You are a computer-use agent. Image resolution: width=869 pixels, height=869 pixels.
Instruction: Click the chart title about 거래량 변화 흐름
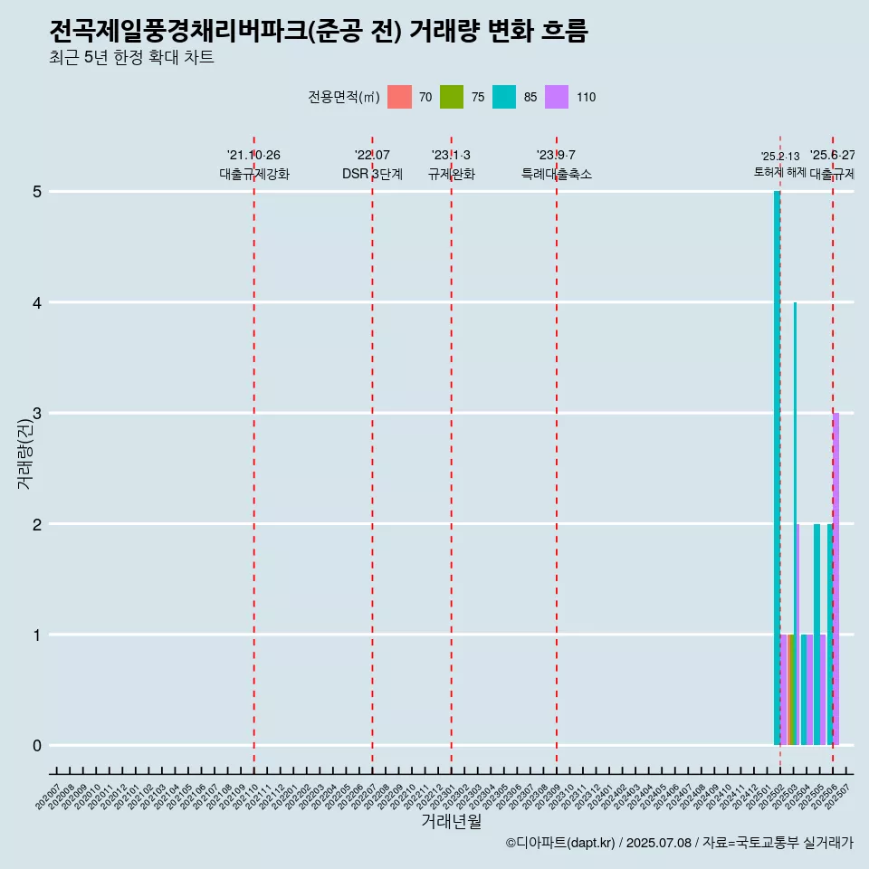(x=319, y=32)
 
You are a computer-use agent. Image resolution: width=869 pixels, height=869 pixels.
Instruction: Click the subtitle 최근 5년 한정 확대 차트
(x=131, y=58)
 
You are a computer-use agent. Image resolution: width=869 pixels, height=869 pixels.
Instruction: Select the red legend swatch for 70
(x=399, y=97)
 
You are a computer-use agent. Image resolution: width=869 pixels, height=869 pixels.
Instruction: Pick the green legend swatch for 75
(x=452, y=97)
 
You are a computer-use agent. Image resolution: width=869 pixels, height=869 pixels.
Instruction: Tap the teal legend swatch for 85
(x=504, y=97)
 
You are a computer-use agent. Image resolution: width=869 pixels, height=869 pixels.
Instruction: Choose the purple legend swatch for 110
(x=557, y=97)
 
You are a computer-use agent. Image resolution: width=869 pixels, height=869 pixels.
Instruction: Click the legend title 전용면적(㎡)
(x=343, y=97)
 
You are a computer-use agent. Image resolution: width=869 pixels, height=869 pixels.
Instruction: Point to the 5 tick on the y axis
(x=37, y=192)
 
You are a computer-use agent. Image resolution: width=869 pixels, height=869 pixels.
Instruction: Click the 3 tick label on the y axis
(x=37, y=414)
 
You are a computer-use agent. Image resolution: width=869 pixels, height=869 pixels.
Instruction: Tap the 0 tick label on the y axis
(x=37, y=746)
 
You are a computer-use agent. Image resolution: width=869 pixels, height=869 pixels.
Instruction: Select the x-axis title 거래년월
(x=451, y=821)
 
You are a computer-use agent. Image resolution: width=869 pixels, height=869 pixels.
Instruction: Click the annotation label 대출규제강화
(x=254, y=174)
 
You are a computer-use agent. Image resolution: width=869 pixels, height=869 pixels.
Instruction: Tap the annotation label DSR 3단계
(x=372, y=174)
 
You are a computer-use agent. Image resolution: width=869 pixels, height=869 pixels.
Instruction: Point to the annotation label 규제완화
(x=451, y=174)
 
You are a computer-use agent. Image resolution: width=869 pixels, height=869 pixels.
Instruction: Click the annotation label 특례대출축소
(x=556, y=174)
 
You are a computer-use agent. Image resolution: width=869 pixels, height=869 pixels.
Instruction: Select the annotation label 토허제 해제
(x=779, y=172)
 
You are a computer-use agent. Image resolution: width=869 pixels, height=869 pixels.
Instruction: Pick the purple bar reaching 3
(x=836, y=579)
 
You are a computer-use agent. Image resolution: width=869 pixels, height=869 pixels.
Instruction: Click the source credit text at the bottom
(x=679, y=843)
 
